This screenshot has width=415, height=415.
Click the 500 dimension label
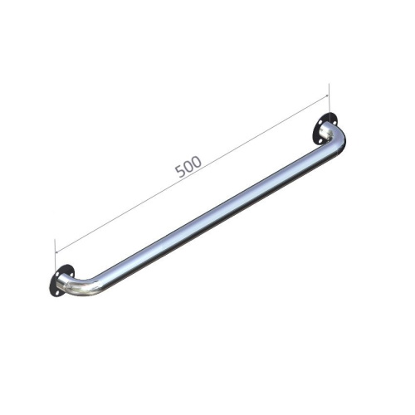188,166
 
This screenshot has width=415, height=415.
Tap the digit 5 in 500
180,171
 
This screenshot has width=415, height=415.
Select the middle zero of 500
189,166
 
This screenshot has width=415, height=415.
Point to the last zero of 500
197,162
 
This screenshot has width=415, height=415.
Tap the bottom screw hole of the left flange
56,291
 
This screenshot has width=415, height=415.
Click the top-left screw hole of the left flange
57,274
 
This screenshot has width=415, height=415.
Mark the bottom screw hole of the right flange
320,140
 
